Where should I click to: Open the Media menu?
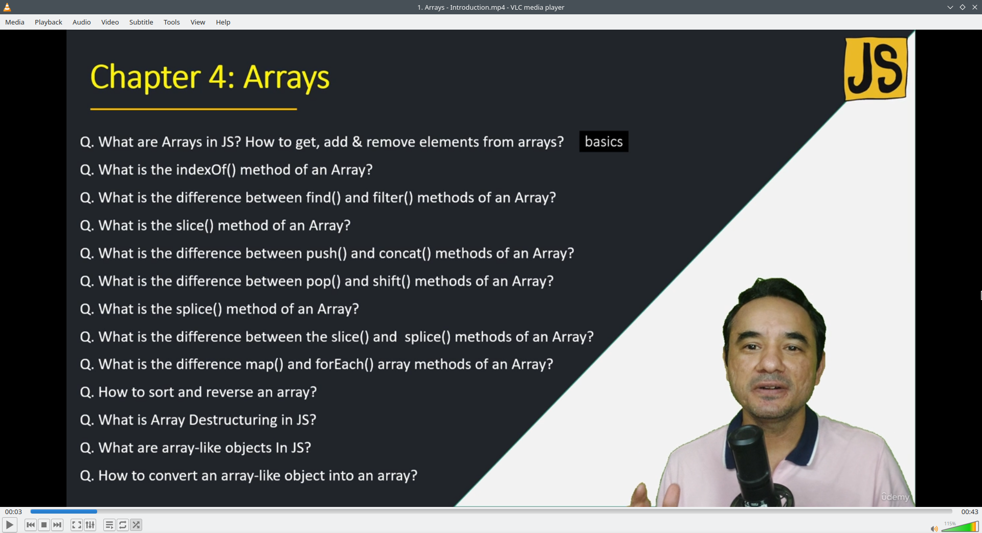click(15, 22)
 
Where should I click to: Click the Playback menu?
click(49, 22)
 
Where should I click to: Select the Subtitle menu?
click(141, 22)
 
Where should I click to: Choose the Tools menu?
click(172, 22)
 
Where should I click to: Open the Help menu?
click(223, 22)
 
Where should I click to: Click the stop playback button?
click(44, 525)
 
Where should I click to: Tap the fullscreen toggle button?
click(76, 525)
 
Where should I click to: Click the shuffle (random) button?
click(136, 525)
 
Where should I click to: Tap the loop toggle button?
click(123, 525)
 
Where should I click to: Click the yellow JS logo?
click(876, 68)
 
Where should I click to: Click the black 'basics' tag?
click(604, 142)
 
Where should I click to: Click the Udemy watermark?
click(895, 497)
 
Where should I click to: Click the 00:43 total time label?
click(969, 512)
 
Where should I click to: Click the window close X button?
click(975, 7)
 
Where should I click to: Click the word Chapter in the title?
click(145, 78)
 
